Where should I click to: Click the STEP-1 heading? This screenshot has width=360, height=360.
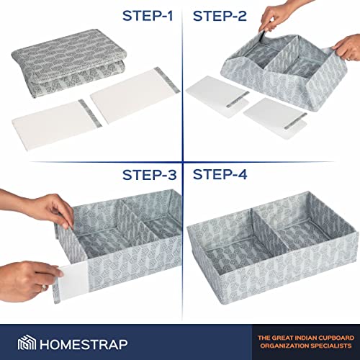pos(148,16)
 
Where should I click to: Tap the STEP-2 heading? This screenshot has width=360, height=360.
pos(220,16)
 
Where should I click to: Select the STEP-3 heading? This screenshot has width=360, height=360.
pos(150,175)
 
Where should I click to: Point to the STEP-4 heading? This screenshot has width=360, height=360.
pos(220,174)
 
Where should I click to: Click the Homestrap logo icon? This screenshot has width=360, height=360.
pos(27,343)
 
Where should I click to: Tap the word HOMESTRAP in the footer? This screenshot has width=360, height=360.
pos(84,344)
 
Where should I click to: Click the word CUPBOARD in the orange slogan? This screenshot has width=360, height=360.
pos(337,338)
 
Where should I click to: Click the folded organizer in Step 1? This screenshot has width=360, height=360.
pos(68,63)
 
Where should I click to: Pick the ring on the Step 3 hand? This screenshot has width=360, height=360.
pos(44,287)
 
